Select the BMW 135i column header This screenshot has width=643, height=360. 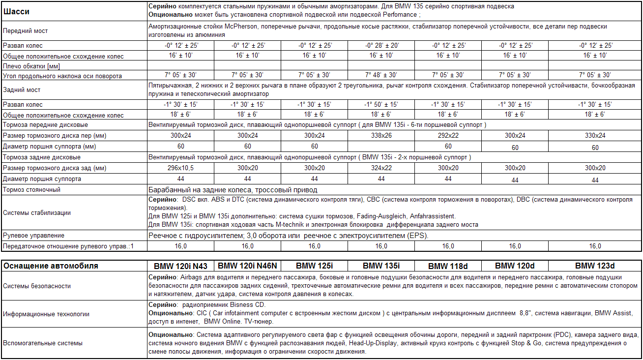pos(381,266)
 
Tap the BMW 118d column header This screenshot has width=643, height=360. pos(448,266)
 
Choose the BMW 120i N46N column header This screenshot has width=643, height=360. pos(247,266)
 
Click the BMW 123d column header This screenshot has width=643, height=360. pos(595,266)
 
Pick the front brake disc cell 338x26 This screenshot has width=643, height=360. pos(381,136)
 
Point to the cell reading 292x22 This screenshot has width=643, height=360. pos(448,136)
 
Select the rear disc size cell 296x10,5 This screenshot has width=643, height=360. pos(180,168)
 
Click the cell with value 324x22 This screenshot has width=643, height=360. pos(381,168)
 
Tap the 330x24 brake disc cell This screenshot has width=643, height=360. pos(595,136)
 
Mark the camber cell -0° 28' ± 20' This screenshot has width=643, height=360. pos(381,45)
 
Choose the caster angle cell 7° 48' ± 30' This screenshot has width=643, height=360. pos(381,75)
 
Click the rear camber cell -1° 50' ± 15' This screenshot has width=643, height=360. pos(381,104)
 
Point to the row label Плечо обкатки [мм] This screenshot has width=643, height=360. pos(31,66)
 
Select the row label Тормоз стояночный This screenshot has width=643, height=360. pos(31,190)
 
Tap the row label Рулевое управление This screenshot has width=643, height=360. pos(33,236)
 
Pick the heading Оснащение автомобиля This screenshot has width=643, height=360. pos(51,266)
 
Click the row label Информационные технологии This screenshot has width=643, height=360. pos(46,313)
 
